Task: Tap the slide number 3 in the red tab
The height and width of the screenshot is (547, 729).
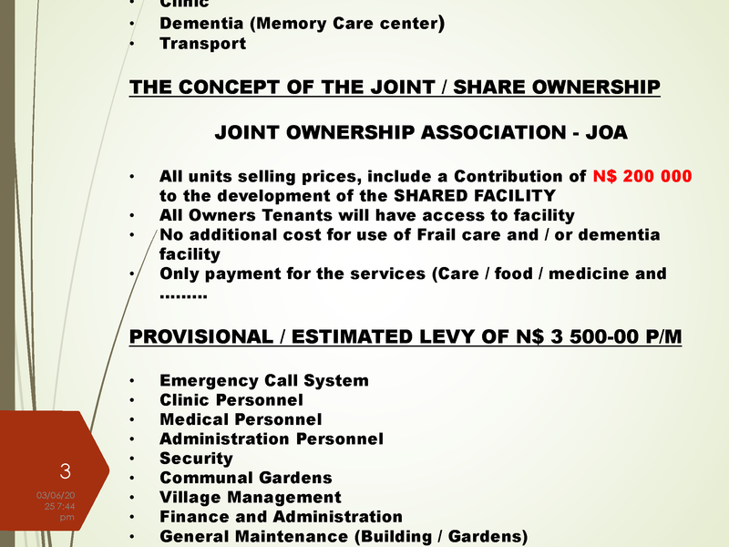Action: tap(65, 471)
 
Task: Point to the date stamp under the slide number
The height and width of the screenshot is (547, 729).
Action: tap(56, 505)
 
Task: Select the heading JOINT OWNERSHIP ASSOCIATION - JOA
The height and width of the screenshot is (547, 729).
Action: tap(421, 133)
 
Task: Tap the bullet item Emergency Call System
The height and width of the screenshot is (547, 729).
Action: tap(263, 380)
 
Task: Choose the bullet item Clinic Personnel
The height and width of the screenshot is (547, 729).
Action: tap(231, 399)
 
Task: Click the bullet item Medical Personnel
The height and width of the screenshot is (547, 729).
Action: tap(241, 419)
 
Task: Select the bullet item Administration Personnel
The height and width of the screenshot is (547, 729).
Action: tap(271, 439)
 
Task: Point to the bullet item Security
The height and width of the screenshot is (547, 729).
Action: tap(196, 459)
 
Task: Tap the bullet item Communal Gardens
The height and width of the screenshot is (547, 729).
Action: tap(245, 478)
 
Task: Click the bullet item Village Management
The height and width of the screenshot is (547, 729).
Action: tap(250, 498)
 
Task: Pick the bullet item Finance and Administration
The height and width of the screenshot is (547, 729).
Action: tap(281, 517)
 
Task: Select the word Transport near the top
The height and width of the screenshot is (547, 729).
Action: tap(202, 43)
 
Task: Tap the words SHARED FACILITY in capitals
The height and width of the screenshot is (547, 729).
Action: tap(491, 195)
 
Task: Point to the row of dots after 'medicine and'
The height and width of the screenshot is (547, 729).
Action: tap(183, 294)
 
